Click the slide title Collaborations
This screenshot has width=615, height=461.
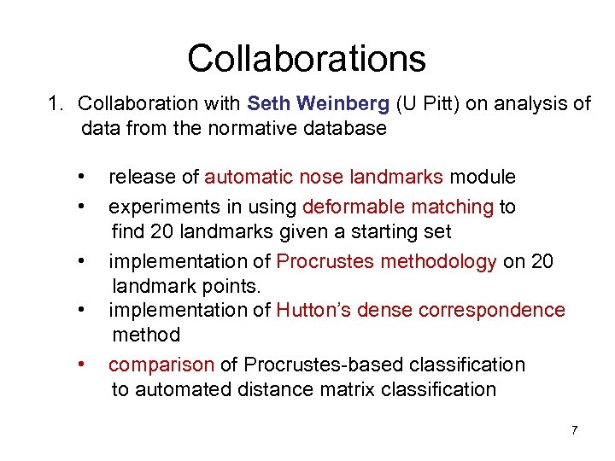[307, 58]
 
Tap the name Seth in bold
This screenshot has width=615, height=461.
[269, 104]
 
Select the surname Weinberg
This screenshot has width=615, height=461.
[345, 104]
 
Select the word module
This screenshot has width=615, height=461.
[483, 178]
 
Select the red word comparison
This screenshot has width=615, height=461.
[161, 365]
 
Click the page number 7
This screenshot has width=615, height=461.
[574, 429]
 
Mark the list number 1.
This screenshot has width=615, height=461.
[55, 104]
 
